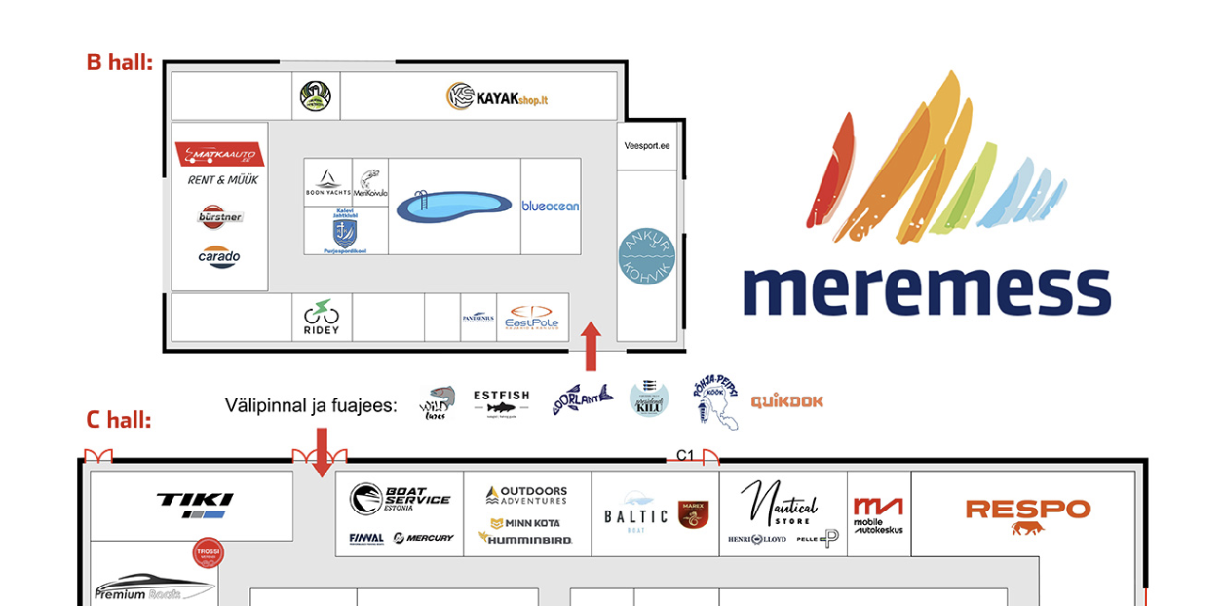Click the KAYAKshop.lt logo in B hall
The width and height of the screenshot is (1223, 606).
(x=497, y=96)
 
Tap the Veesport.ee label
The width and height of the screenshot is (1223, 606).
(x=647, y=146)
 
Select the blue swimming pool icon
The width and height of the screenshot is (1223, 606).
(x=454, y=207)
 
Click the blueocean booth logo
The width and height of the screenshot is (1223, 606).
(x=551, y=207)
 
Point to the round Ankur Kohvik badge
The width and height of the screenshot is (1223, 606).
(x=647, y=256)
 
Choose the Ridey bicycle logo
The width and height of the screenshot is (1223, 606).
(x=322, y=317)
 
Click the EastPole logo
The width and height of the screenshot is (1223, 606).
(x=531, y=317)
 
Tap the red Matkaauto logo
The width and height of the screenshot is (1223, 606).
(x=220, y=155)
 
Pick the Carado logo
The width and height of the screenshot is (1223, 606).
(x=219, y=257)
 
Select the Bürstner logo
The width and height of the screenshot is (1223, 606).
(x=220, y=216)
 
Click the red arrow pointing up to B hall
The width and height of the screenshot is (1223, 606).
(x=591, y=347)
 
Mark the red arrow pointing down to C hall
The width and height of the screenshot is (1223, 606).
(x=321, y=453)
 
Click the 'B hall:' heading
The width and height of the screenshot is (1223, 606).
(x=120, y=62)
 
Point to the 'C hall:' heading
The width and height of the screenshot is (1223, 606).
(x=119, y=420)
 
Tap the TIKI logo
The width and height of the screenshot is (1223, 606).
(x=195, y=504)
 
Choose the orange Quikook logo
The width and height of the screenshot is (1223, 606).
(x=786, y=400)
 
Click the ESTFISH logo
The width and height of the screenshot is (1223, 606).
(x=501, y=400)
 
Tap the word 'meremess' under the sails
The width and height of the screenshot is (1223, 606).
(x=926, y=289)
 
